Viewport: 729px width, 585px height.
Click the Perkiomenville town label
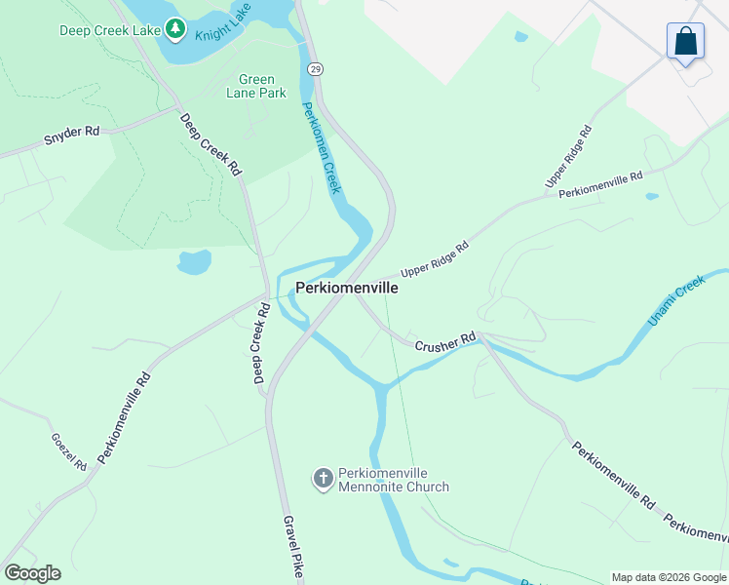pyautogui.click(x=347, y=289)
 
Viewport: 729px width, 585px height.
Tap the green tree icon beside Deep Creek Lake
pyautogui.click(x=175, y=29)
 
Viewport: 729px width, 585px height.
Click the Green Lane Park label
pyautogui.click(x=257, y=86)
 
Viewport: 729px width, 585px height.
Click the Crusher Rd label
pyautogui.click(x=445, y=343)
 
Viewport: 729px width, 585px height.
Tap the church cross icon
pyautogui.click(x=323, y=478)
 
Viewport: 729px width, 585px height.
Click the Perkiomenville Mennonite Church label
pyautogui.click(x=393, y=480)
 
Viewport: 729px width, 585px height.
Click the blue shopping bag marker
pyautogui.click(x=686, y=42)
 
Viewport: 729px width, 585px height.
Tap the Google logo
pyautogui.click(x=32, y=572)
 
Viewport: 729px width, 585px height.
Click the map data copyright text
pyautogui.click(x=668, y=577)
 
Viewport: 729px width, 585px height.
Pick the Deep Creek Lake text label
pyautogui.click(x=109, y=30)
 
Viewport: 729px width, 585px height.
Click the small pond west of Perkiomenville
pyautogui.click(x=194, y=261)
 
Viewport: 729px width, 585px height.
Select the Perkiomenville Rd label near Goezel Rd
pyautogui.click(x=125, y=416)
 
